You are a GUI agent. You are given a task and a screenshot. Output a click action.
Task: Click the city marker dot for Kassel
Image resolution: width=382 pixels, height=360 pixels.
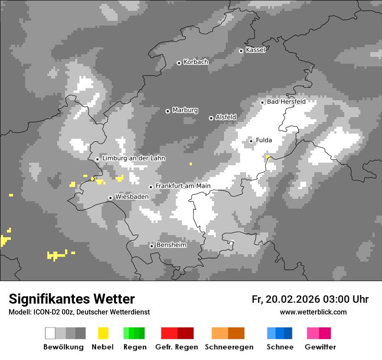[x=241, y=51]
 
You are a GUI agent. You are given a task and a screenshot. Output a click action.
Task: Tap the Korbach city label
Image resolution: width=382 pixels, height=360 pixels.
[x=196, y=62]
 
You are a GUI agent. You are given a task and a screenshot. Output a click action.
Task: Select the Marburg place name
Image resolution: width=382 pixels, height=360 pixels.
[x=185, y=110]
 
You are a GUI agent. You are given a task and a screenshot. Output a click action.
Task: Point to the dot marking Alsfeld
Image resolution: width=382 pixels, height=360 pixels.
[x=211, y=118]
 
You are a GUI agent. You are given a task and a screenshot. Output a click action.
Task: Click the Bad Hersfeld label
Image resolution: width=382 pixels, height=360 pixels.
[x=286, y=101]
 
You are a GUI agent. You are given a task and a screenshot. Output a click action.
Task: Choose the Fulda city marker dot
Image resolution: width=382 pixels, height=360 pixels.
[x=251, y=141]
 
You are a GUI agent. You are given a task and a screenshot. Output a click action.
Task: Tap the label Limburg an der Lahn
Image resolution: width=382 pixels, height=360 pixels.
[x=133, y=158]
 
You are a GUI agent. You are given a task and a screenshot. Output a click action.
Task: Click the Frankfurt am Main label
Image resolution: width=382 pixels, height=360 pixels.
[x=183, y=186]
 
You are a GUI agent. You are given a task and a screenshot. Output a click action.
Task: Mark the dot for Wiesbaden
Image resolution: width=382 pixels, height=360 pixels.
[x=111, y=198]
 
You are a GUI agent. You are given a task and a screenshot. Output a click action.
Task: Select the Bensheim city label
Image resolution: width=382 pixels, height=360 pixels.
[x=171, y=245]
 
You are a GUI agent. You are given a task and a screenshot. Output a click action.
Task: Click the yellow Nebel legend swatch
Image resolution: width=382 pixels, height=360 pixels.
[x=103, y=333]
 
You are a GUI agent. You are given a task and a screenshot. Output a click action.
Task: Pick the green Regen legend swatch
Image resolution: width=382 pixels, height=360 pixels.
[x=134, y=333]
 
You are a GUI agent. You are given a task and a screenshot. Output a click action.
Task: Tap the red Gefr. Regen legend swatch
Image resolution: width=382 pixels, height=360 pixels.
[x=177, y=333]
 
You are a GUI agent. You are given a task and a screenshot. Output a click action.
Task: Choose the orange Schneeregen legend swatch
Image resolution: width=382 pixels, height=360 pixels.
[x=228, y=333]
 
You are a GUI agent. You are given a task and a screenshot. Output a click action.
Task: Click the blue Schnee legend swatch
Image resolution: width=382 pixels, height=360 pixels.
[x=280, y=333]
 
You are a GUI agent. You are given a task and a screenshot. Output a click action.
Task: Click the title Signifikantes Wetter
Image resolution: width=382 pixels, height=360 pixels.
[x=72, y=299]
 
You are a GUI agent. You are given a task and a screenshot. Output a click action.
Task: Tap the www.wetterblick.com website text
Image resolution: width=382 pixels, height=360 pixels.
[x=313, y=312]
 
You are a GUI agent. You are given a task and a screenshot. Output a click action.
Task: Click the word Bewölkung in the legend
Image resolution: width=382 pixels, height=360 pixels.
[x=63, y=347]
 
